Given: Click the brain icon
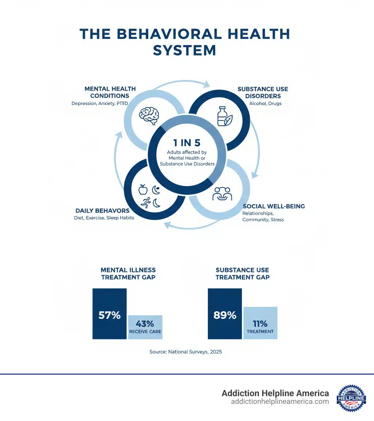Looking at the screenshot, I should pos(149,116).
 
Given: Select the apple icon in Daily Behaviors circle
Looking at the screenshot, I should pos(143,189).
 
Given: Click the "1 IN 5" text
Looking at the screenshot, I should pos(187,143).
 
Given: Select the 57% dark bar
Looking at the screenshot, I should pos(110,314).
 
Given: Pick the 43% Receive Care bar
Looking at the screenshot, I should pos(145,327).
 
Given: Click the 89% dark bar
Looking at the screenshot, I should pos(225,314).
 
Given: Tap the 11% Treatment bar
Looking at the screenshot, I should pos(260,323).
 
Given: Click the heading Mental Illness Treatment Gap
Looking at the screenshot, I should pos(128,274).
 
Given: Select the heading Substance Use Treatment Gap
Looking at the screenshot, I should pos(243,274).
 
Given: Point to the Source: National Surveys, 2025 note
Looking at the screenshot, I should pos(186,352).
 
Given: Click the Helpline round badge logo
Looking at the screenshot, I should pos(351,398).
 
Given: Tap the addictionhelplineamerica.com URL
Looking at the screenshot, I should pos(280,402).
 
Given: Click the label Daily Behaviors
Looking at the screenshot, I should pos(102,210).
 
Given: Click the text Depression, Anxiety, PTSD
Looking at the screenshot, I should pos(103,103).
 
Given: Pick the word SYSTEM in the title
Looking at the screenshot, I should pos(184,50).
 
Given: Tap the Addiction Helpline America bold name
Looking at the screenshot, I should pos(275,393).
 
